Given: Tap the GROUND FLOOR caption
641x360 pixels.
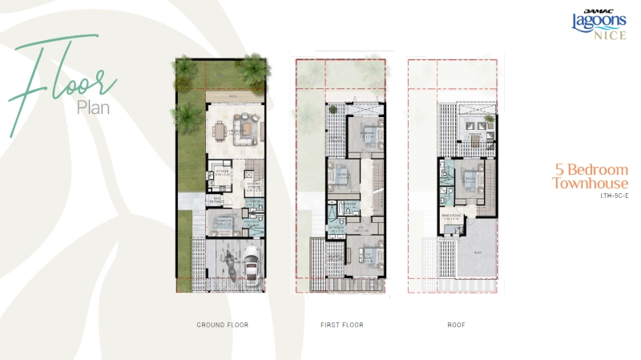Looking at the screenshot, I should (222, 325).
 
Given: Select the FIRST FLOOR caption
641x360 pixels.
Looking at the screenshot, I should (341, 325).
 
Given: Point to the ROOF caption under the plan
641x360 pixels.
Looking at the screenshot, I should (457, 325).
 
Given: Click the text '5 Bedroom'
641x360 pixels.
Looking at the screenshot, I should (591, 170).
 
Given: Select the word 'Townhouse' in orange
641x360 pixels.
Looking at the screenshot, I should (590, 184).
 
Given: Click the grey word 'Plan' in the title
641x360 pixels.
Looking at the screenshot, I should (95, 106).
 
